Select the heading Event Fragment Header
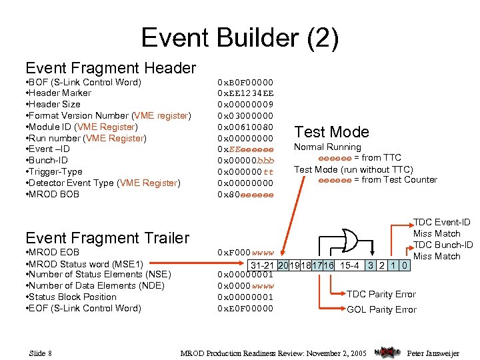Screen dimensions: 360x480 point(111,67)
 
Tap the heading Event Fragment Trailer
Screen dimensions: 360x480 point(107,237)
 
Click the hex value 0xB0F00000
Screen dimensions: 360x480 point(245,82)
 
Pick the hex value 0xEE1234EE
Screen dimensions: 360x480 point(245,93)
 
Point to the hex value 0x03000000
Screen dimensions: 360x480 point(245,116)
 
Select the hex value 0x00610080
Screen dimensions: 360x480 point(245,127)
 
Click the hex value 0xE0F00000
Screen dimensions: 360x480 point(245,308)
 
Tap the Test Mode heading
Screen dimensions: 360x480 point(331,131)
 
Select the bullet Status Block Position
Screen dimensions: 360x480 point(73,297)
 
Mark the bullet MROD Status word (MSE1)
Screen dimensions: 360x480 point(85,263)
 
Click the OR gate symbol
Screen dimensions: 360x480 point(347,239)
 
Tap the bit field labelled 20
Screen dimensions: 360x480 point(283,266)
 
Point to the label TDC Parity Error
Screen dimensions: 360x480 point(381,294)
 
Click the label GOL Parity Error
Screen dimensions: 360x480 point(381,309)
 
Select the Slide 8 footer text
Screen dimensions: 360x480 point(41,353)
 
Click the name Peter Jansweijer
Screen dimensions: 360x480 point(433,353)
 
